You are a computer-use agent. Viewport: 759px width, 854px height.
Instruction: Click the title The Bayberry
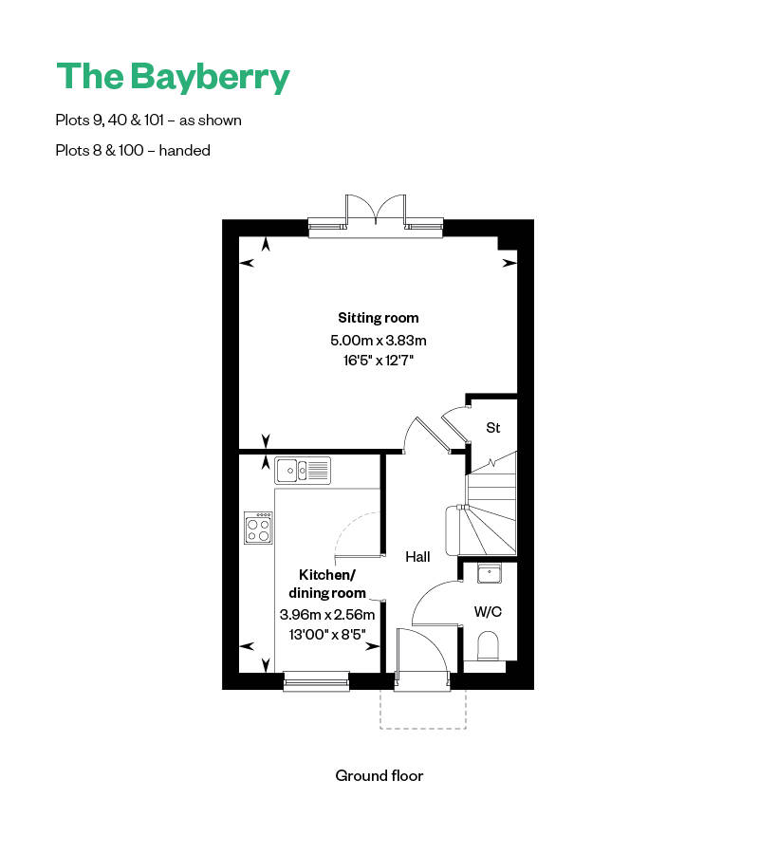click(x=173, y=77)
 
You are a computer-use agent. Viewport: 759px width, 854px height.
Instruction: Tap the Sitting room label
click(x=379, y=318)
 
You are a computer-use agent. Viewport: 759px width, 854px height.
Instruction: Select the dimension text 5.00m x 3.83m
click(x=379, y=340)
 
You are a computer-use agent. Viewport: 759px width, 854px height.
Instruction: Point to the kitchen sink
click(x=303, y=469)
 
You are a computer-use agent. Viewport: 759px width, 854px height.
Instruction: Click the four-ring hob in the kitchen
click(x=258, y=528)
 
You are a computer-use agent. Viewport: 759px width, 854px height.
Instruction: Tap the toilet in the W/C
click(x=489, y=648)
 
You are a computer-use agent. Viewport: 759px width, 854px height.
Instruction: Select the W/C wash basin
click(x=490, y=572)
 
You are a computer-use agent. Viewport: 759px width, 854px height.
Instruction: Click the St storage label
click(x=492, y=428)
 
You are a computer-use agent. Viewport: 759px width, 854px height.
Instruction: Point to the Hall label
click(x=418, y=557)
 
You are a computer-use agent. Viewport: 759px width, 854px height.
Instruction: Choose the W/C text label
click(x=488, y=612)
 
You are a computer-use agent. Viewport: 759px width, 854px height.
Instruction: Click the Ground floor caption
click(x=379, y=775)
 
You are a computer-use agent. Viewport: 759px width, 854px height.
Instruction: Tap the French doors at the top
click(x=377, y=211)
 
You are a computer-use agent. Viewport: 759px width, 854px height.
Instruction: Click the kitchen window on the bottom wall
click(x=316, y=678)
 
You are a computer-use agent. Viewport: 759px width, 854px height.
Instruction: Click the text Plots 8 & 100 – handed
click(x=133, y=150)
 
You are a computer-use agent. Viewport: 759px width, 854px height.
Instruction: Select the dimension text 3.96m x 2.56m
click(x=327, y=614)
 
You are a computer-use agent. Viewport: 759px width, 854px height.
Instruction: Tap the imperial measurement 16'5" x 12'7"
click(x=379, y=360)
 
